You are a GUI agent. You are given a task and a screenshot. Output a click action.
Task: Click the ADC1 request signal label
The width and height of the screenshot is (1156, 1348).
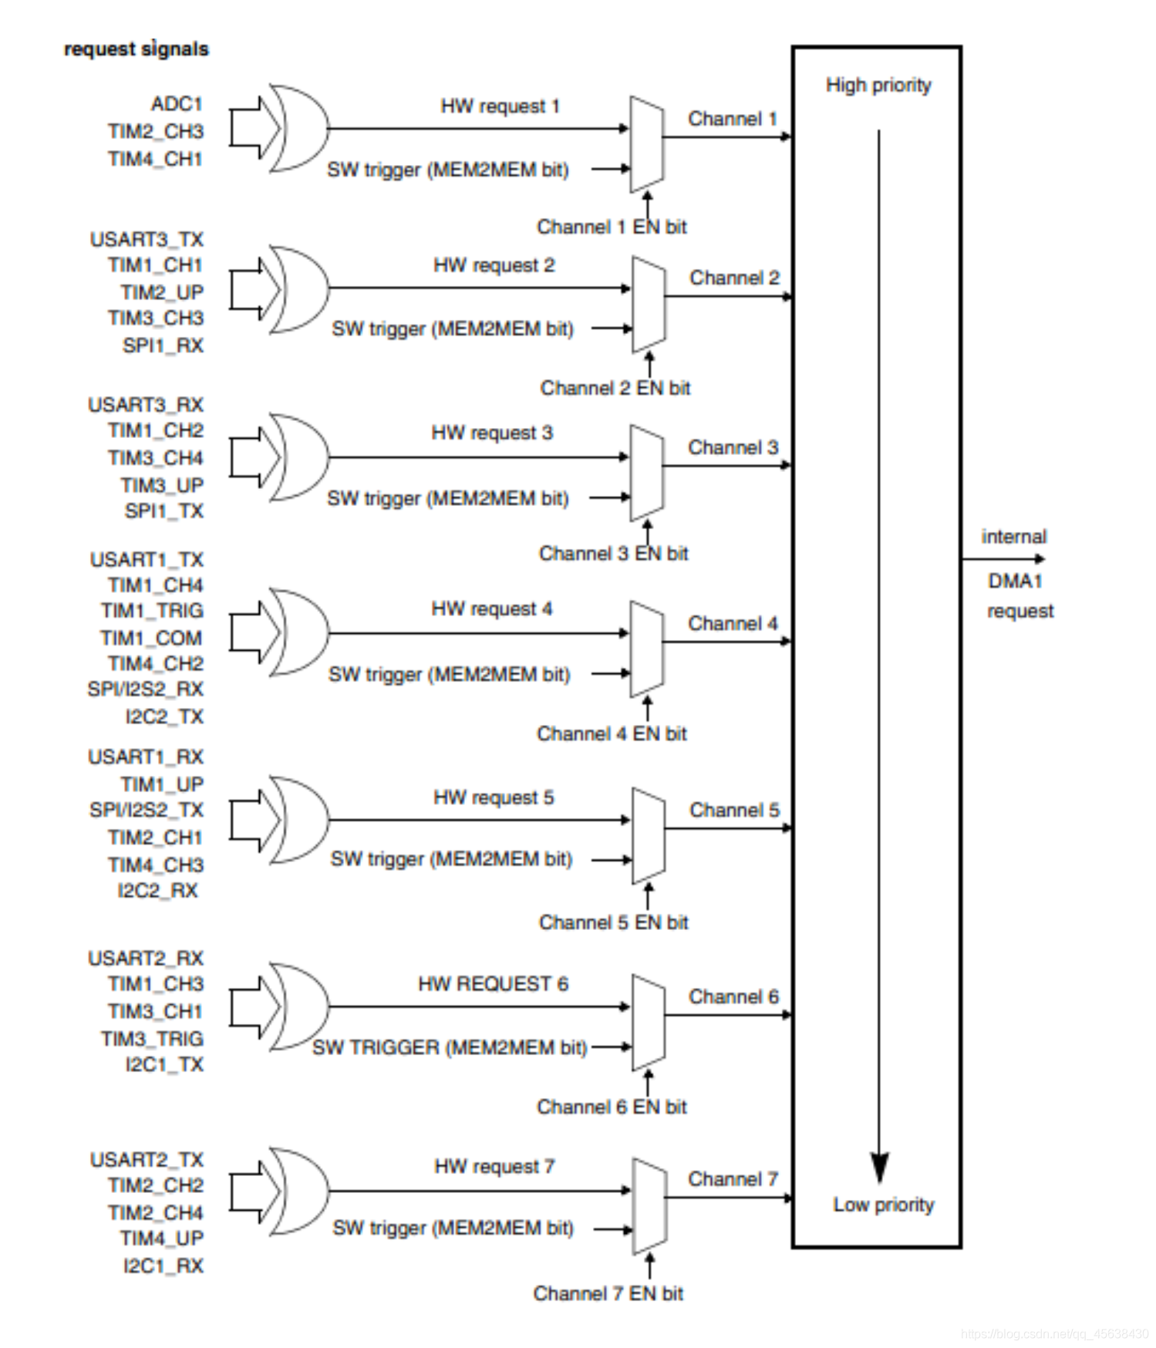[x=177, y=104]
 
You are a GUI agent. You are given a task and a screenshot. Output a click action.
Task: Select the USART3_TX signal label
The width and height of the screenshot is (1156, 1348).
[x=147, y=240]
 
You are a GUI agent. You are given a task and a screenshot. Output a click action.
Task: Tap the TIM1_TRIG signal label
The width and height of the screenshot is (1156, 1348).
[x=152, y=611]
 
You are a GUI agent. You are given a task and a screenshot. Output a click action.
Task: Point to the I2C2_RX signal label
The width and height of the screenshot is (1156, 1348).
[x=157, y=891]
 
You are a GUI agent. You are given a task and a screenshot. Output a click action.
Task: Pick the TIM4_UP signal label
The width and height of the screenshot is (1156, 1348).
[x=161, y=1238]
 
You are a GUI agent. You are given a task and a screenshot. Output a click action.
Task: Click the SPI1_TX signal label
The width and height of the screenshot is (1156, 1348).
[x=163, y=511]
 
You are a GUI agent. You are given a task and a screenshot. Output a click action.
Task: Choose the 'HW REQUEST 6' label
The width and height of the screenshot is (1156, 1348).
[x=493, y=984]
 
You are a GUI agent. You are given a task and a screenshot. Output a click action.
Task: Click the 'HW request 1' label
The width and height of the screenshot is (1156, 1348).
[x=500, y=106]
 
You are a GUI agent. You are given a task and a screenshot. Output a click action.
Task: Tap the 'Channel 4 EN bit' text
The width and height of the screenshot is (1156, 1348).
[x=612, y=733]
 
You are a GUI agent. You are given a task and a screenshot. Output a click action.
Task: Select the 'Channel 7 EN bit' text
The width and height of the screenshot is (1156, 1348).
[x=608, y=1293]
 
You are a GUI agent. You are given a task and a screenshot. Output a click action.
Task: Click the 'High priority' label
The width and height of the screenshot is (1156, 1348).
[x=878, y=85]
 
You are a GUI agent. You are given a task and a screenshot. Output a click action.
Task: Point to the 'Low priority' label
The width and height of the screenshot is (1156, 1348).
[x=883, y=1205]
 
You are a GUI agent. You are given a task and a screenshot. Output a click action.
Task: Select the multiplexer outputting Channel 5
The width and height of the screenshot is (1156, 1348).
[x=648, y=835]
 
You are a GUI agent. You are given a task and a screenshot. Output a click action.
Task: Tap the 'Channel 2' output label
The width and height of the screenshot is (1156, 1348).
[x=734, y=278]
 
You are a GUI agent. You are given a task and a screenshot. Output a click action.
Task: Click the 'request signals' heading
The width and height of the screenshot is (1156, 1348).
[x=136, y=49]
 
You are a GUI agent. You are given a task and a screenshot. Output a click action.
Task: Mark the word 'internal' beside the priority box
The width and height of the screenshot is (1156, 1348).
[x=1013, y=537]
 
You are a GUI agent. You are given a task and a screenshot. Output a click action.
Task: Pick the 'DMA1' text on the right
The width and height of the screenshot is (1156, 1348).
[x=1015, y=581]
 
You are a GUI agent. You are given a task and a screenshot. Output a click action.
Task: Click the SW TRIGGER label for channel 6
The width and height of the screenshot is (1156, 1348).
[x=450, y=1047]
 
